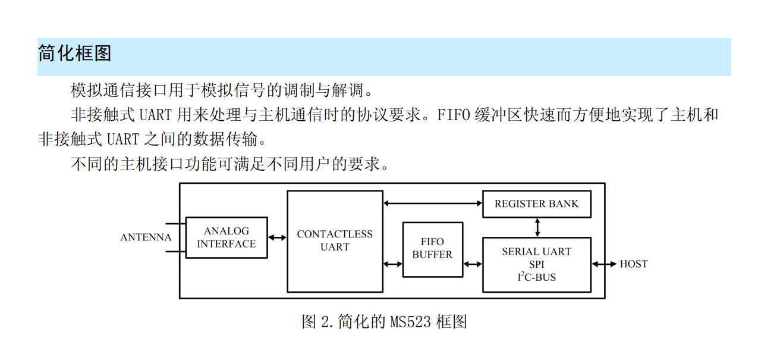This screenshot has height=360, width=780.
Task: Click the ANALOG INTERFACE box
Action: tap(227, 237)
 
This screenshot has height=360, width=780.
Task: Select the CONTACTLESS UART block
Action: tap(335, 241)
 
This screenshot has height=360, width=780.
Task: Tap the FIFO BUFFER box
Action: tap(432, 249)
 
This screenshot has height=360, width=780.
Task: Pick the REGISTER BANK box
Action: tap(536, 204)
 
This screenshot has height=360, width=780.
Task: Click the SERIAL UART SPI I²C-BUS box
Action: tap(536, 264)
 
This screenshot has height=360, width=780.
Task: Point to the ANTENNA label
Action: tap(146, 237)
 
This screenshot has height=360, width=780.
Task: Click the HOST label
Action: tap(633, 264)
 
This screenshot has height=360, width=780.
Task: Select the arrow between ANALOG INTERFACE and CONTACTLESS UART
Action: tap(277, 237)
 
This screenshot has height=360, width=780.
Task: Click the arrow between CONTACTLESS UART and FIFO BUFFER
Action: tap(392, 264)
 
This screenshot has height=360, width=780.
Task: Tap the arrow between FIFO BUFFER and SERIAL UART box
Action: tap(473, 264)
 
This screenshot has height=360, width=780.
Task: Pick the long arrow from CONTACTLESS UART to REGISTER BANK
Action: tap(432, 204)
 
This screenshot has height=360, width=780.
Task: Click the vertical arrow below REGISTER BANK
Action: tap(537, 227)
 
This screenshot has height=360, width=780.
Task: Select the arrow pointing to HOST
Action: tap(604, 264)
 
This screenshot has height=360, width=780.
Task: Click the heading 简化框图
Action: tap(75, 54)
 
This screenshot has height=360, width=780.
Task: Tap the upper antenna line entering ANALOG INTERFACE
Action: tap(175, 224)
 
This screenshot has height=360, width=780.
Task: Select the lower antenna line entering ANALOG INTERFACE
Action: tap(175, 251)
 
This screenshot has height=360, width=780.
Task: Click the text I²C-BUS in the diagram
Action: tap(536, 277)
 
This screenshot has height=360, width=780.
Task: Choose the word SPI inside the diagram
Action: tap(536, 264)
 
